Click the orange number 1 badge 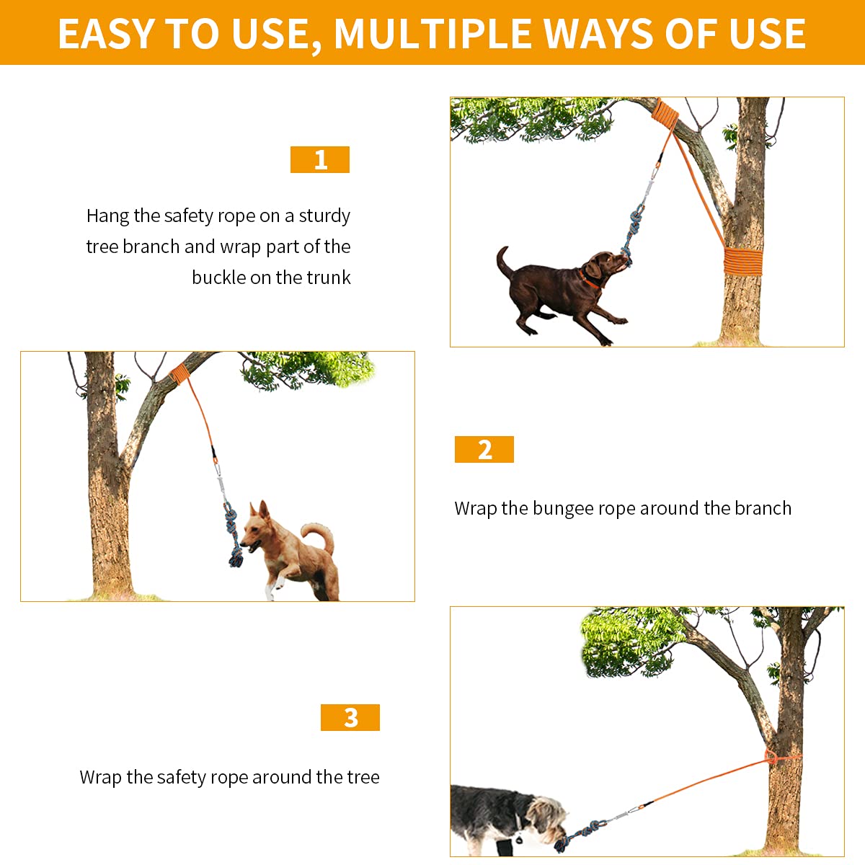pos(319,159)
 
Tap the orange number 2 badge pos(484,449)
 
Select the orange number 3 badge pos(350,717)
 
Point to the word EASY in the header pos(106,34)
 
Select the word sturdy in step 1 pos(324,216)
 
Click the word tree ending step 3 pos(363,776)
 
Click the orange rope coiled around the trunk pos(743,261)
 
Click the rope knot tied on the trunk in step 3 pos(771,758)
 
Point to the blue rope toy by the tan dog pos(234,534)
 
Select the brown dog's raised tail pos(505,262)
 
